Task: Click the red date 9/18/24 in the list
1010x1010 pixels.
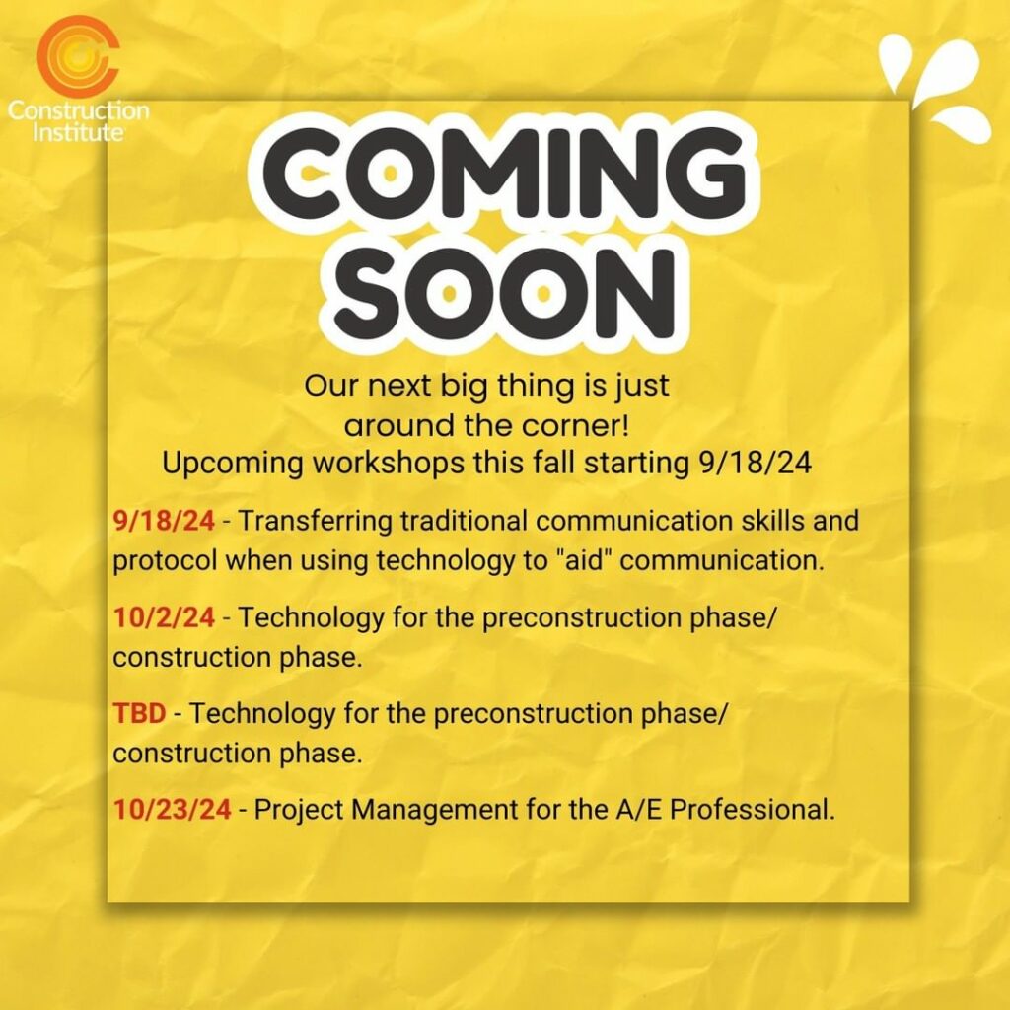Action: (164, 521)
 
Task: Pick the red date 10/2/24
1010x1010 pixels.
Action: (164, 617)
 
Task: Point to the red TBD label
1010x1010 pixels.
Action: (139, 713)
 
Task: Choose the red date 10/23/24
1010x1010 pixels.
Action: (172, 809)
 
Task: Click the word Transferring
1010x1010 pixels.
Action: (316, 521)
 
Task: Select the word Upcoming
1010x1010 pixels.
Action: (233, 464)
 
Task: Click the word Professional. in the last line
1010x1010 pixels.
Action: (753, 809)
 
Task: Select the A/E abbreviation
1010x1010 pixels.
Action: (638, 809)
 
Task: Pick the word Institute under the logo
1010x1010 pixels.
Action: (78, 132)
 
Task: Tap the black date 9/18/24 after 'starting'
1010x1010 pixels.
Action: (755, 463)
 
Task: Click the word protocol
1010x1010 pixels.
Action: (165, 561)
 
